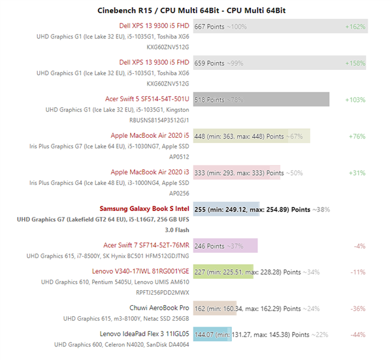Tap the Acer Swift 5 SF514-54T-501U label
point(147,99)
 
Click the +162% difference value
point(355,27)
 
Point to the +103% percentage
point(355,99)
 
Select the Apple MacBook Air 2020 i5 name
point(150,136)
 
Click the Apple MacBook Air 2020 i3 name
point(150,172)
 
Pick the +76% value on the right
point(357,137)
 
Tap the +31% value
point(357,173)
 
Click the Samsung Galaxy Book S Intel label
point(144,209)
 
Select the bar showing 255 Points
point(226,209)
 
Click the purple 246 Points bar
point(225,246)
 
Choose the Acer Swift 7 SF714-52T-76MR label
point(146,245)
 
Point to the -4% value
point(359,246)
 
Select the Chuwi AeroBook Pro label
point(159,308)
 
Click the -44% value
point(358,335)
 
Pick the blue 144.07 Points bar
point(212,334)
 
